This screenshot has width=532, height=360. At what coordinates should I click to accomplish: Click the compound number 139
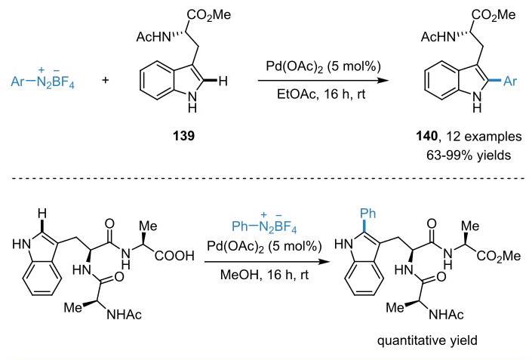[184, 136]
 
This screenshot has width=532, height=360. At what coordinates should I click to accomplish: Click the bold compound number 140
[427, 137]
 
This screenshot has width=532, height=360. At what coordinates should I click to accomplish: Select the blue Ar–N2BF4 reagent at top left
[42, 78]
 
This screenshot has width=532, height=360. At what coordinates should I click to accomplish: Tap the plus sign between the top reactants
[106, 81]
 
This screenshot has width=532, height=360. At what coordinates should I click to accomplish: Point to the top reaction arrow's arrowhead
[383, 81]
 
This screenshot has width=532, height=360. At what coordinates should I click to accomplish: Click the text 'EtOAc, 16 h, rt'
[321, 94]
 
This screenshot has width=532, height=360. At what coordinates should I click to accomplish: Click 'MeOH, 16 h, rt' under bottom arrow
[264, 275]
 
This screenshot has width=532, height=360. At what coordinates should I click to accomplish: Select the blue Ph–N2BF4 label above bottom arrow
[264, 224]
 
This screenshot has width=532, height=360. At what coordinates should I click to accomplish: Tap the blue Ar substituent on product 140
[510, 81]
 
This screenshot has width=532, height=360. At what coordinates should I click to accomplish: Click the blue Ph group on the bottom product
[367, 213]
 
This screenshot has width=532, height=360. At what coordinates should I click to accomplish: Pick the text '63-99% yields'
[469, 155]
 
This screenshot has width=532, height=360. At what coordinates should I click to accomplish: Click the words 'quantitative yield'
[427, 340]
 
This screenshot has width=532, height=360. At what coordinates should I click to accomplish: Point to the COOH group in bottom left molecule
[174, 256]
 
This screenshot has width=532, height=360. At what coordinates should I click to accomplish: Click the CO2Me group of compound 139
[209, 15]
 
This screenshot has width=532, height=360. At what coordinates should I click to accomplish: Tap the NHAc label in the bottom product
[446, 315]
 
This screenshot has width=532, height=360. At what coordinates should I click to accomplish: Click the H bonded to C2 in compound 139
[223, 81]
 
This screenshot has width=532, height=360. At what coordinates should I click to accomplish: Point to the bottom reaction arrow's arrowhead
[324, 262]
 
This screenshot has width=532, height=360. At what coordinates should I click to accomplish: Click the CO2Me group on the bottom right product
[498, 256]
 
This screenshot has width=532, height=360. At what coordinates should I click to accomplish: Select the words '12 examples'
[484, 137]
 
